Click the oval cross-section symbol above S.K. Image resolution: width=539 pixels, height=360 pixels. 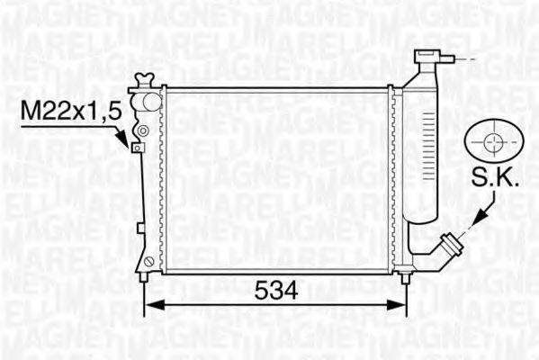click(493, 141)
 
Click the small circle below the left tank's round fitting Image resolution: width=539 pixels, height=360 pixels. click(141, 131)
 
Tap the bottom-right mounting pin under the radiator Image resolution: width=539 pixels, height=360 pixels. click(406, 277)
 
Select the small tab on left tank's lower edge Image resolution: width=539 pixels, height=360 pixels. click(140, 229)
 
